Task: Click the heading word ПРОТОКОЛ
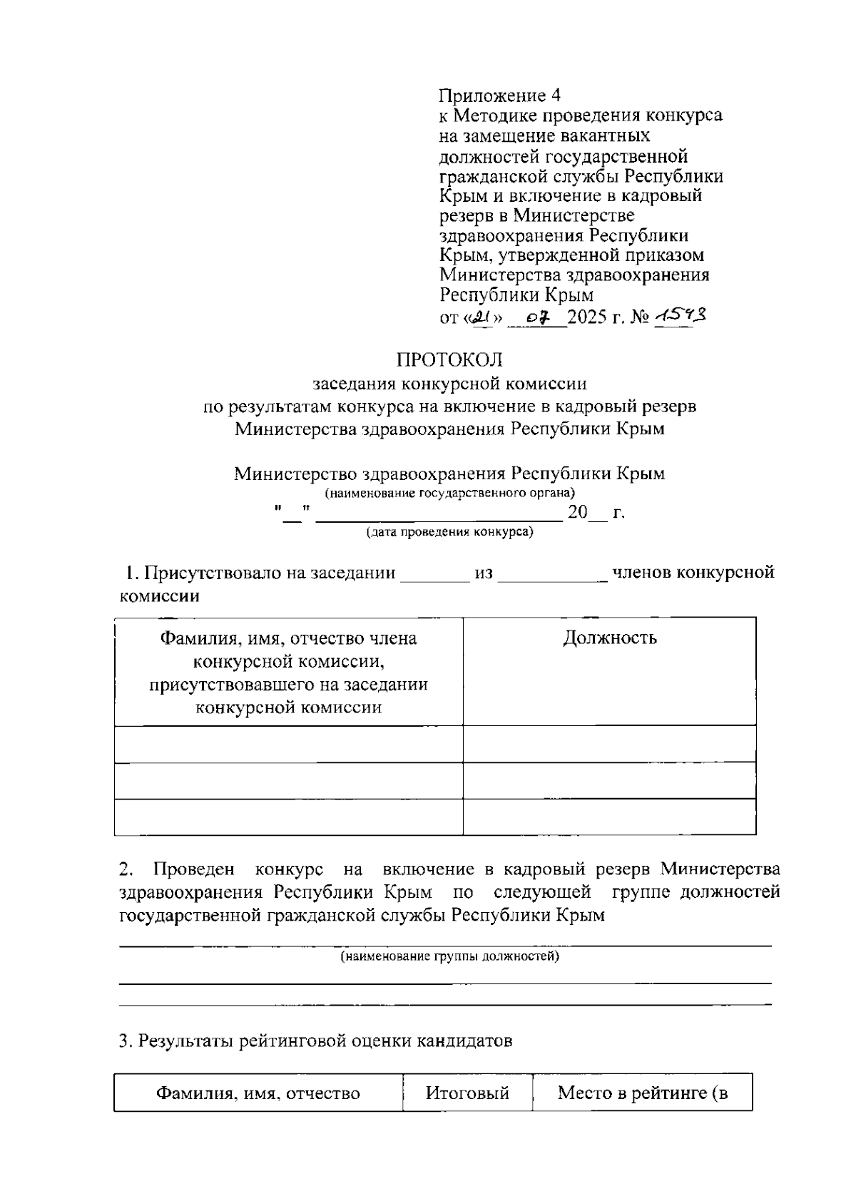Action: point(449,359)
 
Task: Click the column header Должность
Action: point(610,638)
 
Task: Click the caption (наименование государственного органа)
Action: point(449,493)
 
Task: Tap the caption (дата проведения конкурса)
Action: point(449,532)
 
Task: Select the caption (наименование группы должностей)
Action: point(449,956)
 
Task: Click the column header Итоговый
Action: point(467,1093)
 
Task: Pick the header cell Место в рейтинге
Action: point(642,1093)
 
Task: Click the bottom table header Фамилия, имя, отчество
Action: point(258,1093)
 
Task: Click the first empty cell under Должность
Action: point(610,744)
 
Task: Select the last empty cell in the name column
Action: point(288,817)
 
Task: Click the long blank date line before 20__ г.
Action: point(439,518)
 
